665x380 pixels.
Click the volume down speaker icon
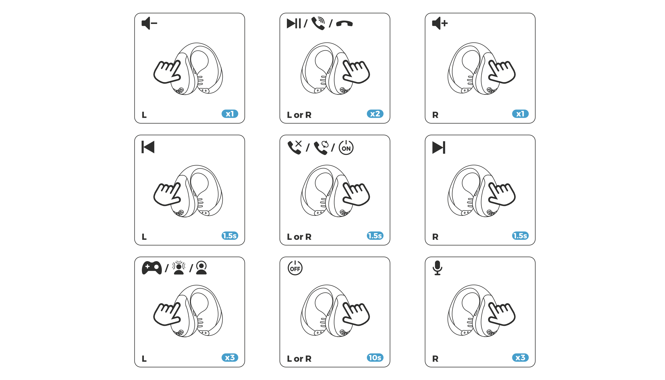(x=149, y=23)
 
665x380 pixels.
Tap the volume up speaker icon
(x=440, y=23)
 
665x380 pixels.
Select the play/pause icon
(x=293, y=23)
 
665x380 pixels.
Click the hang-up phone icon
(x=344, y=24)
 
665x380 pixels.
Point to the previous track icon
(x=148, y=147)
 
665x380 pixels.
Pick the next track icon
(x=439, y=148)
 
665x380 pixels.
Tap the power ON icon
(x=346, y=148)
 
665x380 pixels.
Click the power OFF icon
(x=295, y=268)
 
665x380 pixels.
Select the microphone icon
(x=437, y=268)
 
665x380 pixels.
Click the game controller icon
(x=152, y=268)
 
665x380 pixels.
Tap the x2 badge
(x=375, y=114)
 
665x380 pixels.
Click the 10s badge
(x=375, y=358)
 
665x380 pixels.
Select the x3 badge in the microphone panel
(x=520, y=358)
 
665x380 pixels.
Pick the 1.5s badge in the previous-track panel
(x=230, y=236)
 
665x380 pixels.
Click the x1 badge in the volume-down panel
(x=230, y=114)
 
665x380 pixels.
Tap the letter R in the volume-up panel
(x=435, y=115)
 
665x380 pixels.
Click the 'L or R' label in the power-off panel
(x=299, y=359)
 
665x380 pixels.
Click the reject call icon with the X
(x=294, y=148)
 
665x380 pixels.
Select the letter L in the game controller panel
(x=144, y=359)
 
